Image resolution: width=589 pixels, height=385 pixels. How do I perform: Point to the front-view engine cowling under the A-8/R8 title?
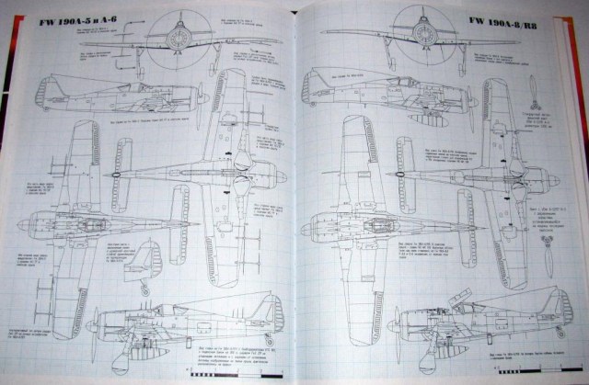425,32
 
